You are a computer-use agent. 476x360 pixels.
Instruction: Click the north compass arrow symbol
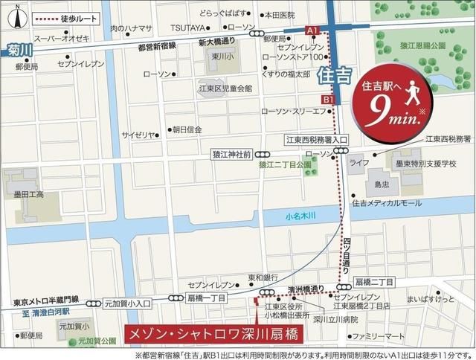[x=16, y=17]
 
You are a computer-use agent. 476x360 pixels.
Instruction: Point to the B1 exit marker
[x=327, y=99]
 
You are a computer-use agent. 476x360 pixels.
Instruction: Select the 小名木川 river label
[x=300, y=216]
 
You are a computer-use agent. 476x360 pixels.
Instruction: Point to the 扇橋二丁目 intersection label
[x=374, y=283]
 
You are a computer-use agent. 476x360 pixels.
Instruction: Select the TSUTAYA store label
[x=187, y=27]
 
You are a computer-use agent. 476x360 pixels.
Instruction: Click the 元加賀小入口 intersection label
[x=127, y=303]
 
